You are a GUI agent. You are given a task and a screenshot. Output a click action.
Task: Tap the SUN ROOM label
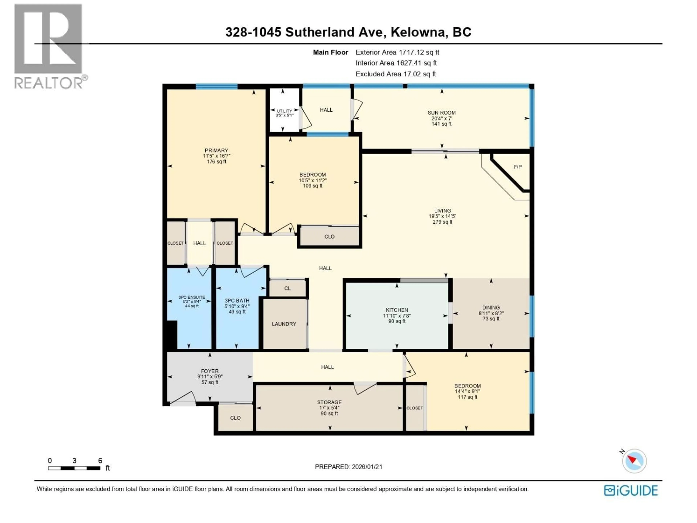[441, 113]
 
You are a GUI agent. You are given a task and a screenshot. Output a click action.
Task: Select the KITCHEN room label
[397, 310]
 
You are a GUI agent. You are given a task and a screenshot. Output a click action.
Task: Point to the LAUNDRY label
[284, 324]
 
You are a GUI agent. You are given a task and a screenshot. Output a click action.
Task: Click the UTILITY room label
[284, 111]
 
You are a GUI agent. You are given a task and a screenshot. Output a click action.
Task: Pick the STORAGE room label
[329, 402]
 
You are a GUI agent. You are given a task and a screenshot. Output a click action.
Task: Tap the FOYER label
[209, 371]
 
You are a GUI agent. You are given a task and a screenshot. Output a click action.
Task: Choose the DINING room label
[491, 307]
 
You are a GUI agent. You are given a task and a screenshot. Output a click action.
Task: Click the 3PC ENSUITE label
[191, 297]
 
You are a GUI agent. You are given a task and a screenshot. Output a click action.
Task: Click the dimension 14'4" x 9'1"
[467, 391]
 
